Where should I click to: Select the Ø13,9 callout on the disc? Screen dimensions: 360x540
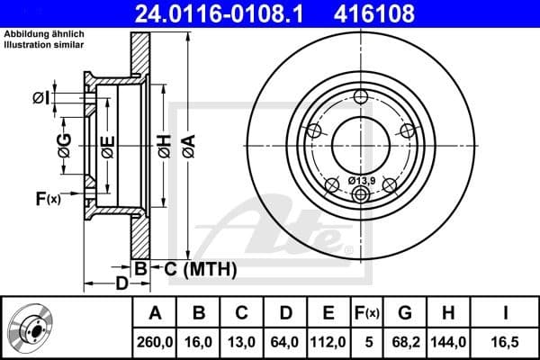pos(360,182)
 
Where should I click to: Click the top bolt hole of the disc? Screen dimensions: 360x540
pos(361,98)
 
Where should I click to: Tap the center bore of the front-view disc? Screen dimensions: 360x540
pos(360,142)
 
